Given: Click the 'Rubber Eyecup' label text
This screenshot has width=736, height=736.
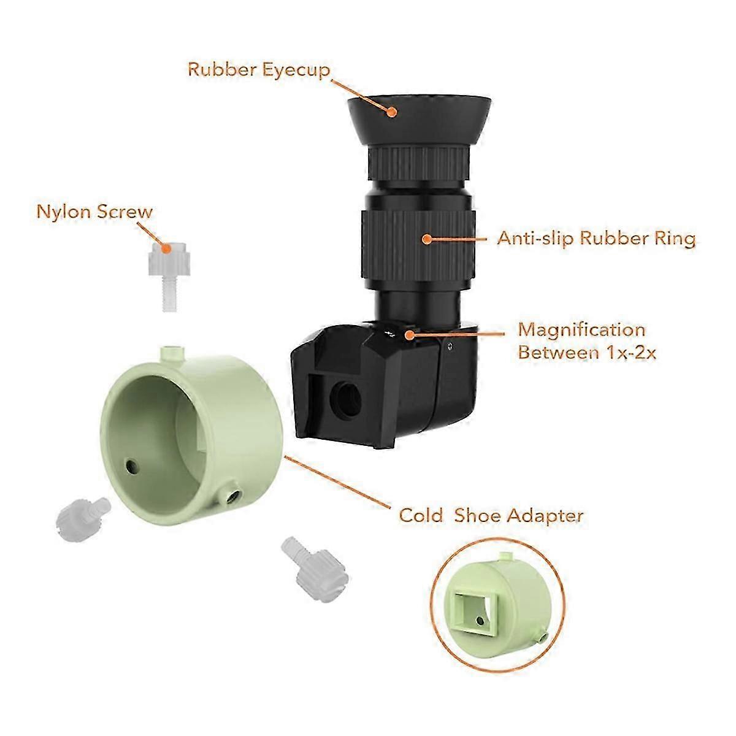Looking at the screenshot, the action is click(259, 70).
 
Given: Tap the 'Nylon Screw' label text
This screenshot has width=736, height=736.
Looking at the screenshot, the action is click(94, 212).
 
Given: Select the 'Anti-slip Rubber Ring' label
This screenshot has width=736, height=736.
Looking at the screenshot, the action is click(596, 239).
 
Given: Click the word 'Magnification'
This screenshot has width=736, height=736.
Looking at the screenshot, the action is click(581, 330).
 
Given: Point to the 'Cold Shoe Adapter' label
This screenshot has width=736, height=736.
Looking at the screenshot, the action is click(491, 516).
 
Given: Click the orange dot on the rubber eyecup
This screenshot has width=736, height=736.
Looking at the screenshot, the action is click(391, 112).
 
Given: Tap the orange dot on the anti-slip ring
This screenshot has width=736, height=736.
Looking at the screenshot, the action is click(427, 239).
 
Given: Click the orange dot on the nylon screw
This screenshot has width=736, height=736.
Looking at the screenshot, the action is click(166, 248).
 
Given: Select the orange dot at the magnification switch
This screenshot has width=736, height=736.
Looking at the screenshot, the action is click(410, 335).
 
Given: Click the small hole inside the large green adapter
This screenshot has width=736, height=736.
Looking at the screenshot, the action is click(132, 465).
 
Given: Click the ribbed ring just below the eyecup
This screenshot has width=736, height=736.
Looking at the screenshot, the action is click(419, 164).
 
